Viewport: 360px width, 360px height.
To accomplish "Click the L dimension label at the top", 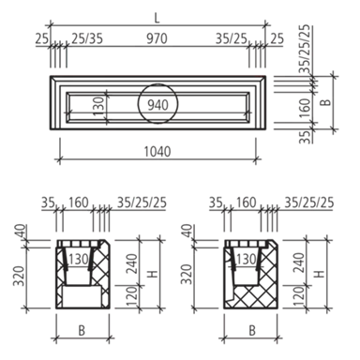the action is (x=157, y=19).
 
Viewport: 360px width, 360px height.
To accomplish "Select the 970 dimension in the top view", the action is (x=157, y=38).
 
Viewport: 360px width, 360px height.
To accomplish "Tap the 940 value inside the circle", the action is (x=157, y=105).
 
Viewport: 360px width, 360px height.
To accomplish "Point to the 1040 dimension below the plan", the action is (x=157, y=152).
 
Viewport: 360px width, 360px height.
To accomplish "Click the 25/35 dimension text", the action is (x=87, y=38).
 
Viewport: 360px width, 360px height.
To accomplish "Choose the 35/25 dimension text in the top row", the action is (x=232, y=38).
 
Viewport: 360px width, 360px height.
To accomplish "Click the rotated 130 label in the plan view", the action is (x=98, y=106).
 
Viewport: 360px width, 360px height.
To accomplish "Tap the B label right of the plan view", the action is (x=326, y=102).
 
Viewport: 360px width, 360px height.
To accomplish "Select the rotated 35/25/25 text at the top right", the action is (x=306, y=49).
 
